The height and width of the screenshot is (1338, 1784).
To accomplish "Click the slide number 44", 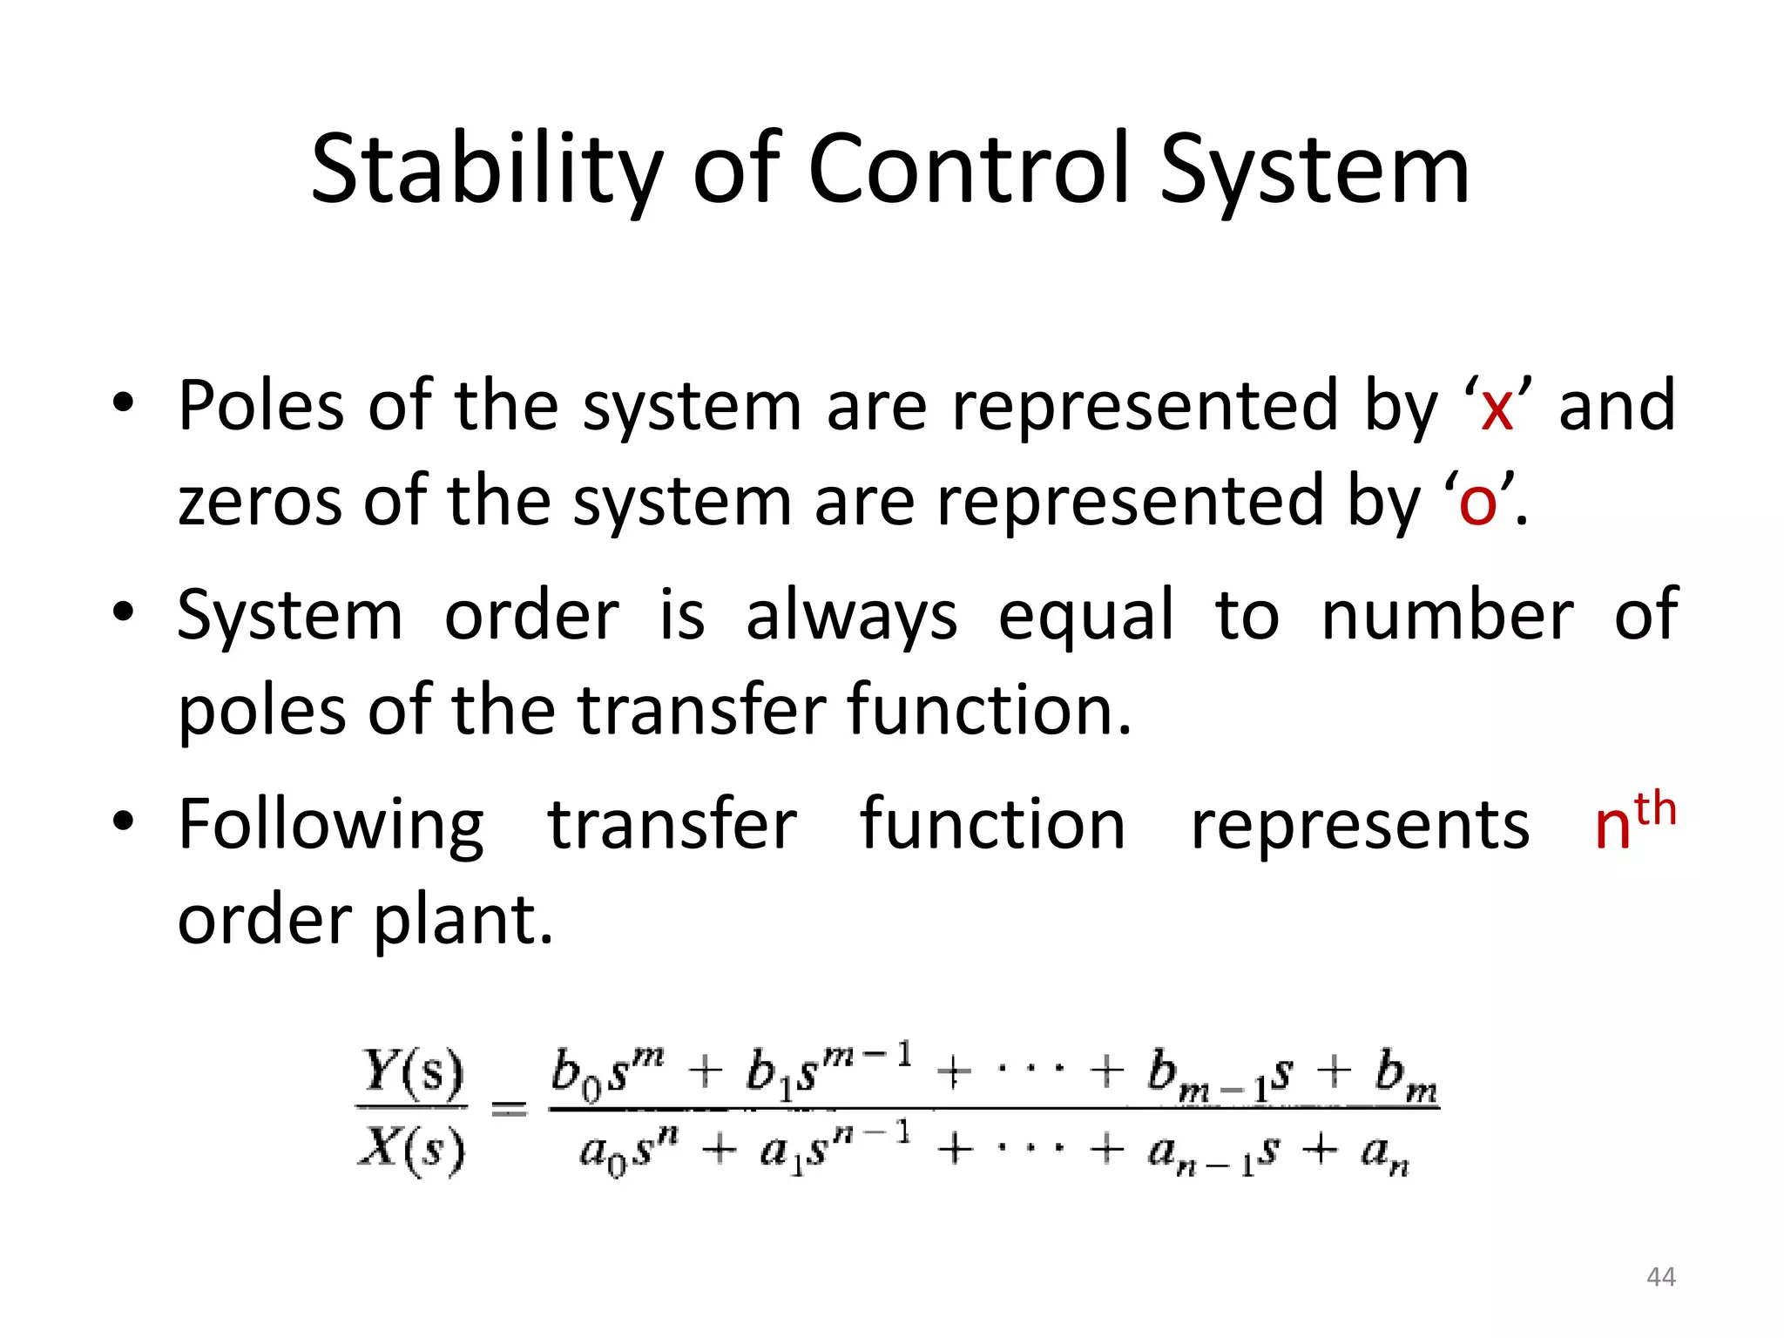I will (1660, 1277).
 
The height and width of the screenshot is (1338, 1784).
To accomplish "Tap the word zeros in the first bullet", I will (260, 503).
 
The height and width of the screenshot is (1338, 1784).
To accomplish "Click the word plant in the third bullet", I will (463, 922).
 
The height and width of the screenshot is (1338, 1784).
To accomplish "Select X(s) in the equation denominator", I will (411, 1150).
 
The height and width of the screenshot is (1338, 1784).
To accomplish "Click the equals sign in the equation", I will (510, 1109).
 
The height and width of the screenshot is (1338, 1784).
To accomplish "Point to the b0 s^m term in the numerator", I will (606, 1071).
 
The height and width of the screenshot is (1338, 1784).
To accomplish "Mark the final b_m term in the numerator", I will (1405, 1075).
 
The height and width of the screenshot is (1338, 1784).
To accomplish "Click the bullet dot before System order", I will (123, 612).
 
